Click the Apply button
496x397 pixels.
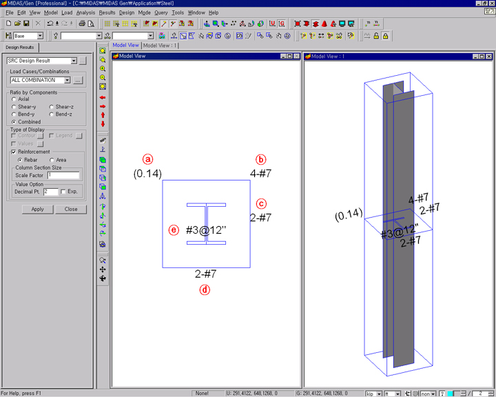[x=37, y=209]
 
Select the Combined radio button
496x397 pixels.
[x=14, y=122]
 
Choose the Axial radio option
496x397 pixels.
[x=14, y=99]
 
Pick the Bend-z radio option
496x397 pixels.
[x=52, y=114]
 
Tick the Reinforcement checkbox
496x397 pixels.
[x=13, y=152]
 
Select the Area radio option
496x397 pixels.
[x=52, y=159]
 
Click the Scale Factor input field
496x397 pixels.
[x=63, y=176]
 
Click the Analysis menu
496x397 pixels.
[x=85, y=12]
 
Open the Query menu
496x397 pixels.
[x=161, y=12]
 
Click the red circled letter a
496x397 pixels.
[x=147, y=158]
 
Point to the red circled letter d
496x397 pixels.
[x=205, y=289]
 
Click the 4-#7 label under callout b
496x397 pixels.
[x=260, y=174]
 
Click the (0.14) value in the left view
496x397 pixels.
[x=147, y=174]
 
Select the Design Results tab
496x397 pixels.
[x=20, y=48]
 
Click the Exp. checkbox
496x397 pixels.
[x=63, y=192]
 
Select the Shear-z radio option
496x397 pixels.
[x=52, y=107]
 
